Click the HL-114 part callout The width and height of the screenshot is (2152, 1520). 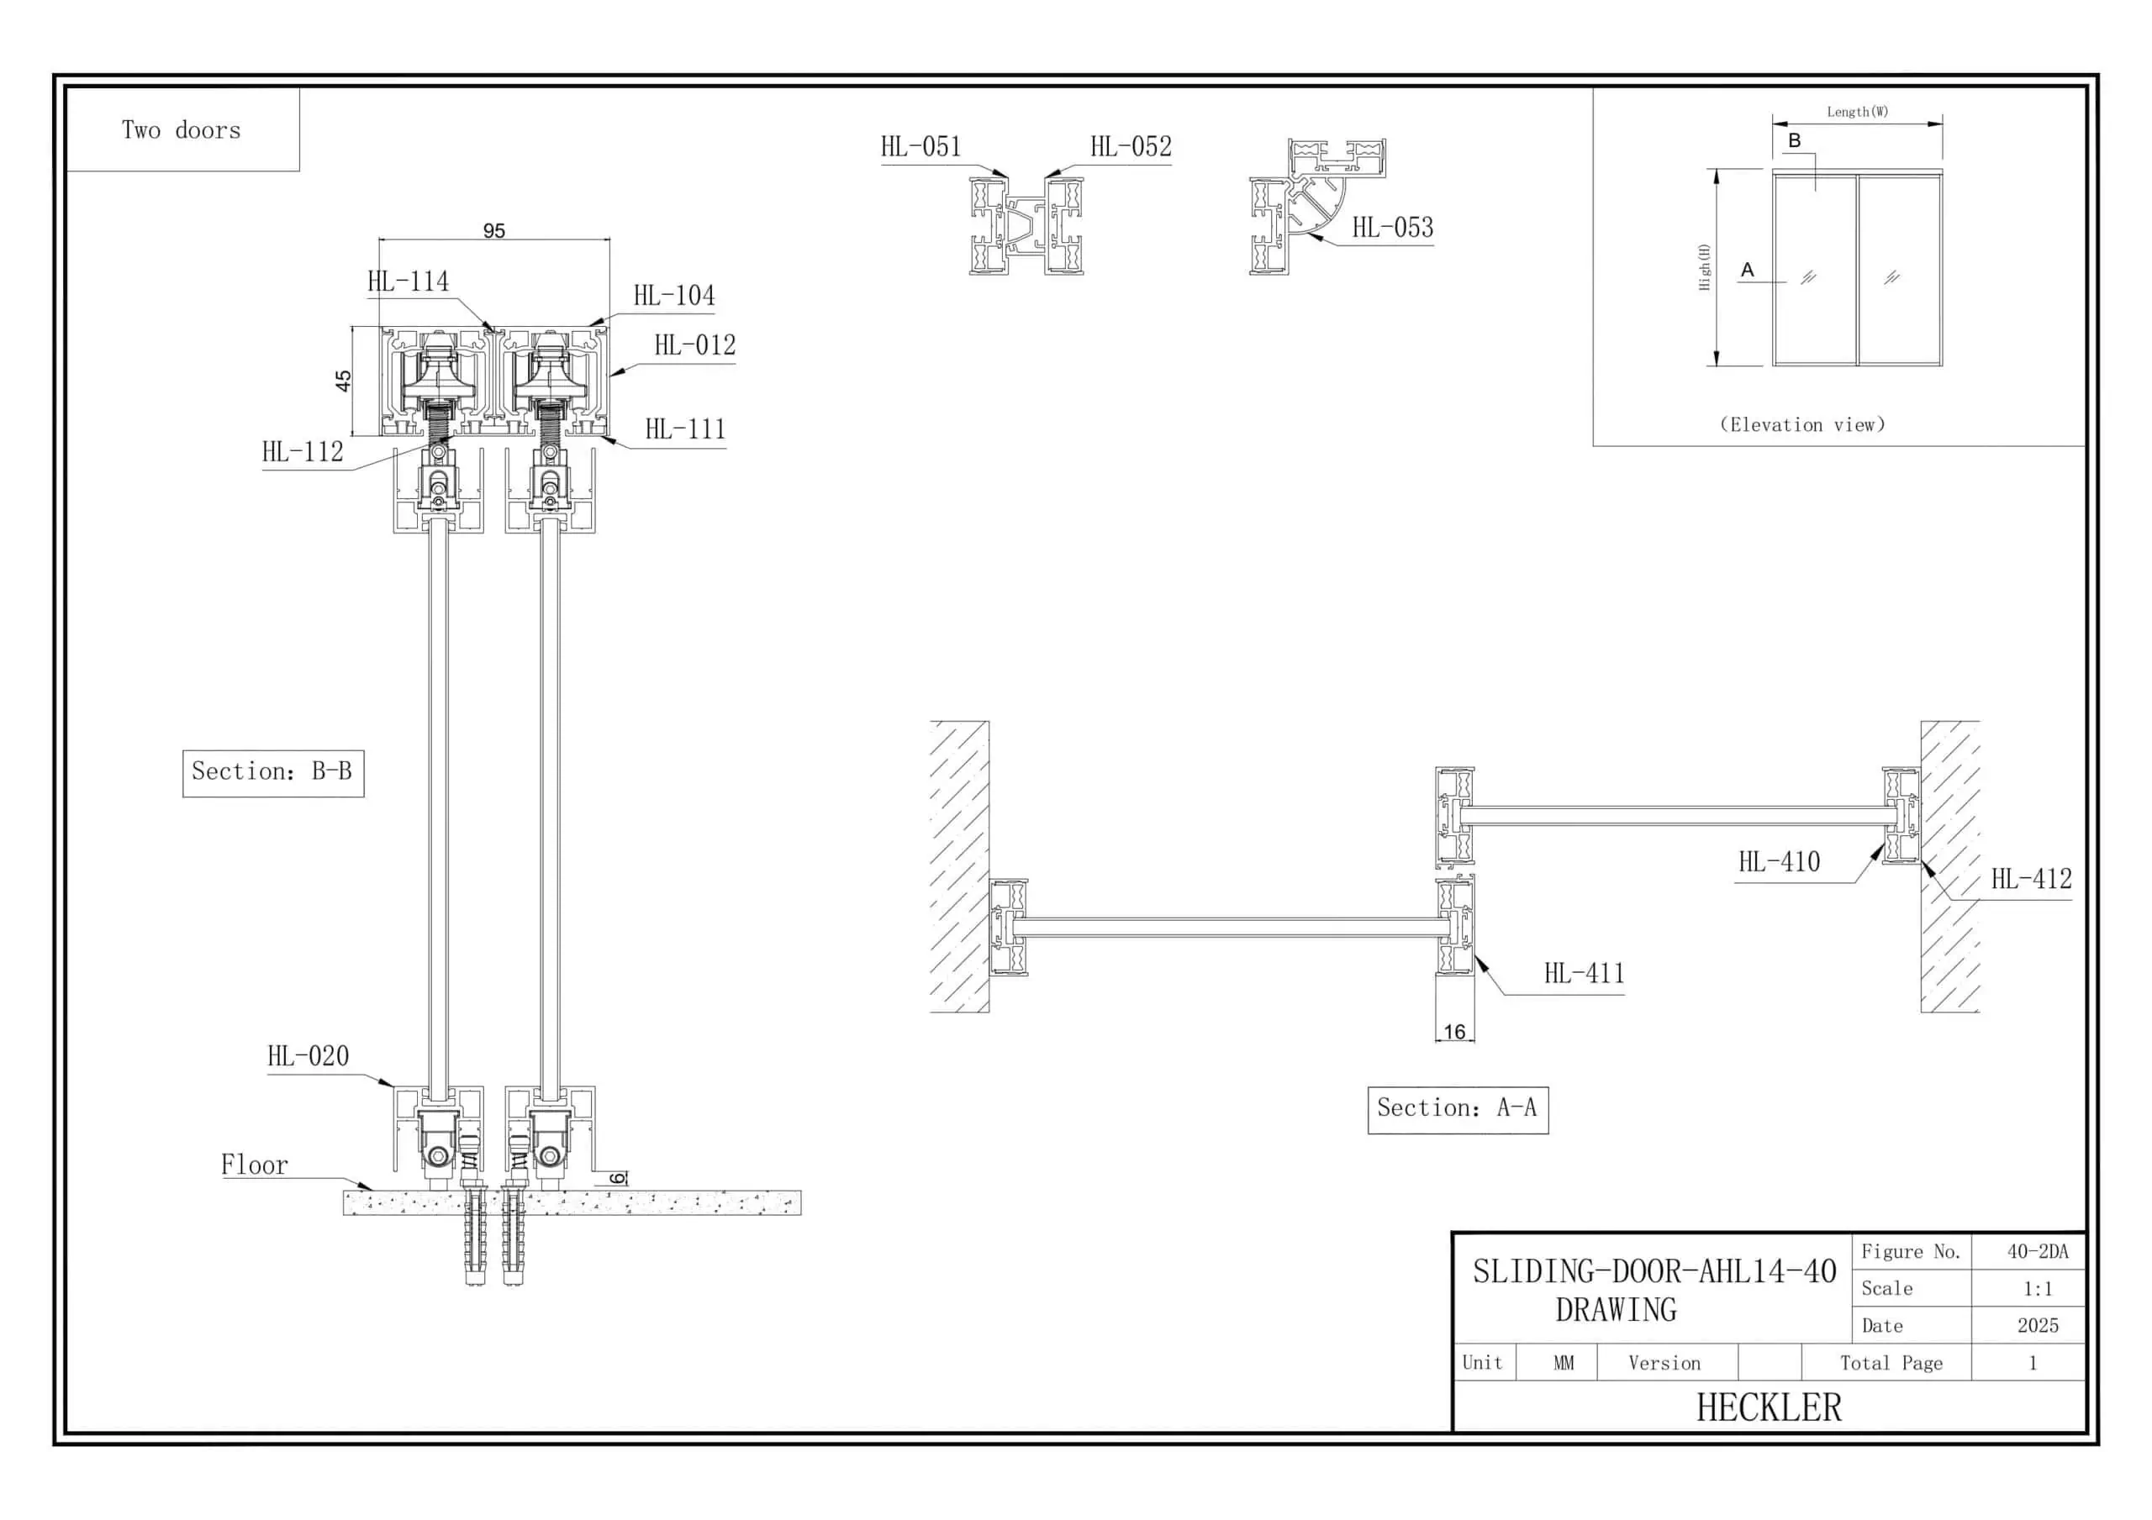click(408, 281)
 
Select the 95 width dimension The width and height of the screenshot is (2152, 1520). click(494, 230)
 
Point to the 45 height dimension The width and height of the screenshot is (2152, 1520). click(343, 381)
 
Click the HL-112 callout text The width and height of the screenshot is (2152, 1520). click(303, 452)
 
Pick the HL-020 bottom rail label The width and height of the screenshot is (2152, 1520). click(309, 1056)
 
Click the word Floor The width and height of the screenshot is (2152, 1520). click(254, 1165)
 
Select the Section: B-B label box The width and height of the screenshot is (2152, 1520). click(272, 772)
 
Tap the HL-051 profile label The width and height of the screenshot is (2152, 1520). click(920, 147)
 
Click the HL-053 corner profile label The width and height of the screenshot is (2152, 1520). click(1392, 228)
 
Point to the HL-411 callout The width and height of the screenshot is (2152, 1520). click(1584, 974)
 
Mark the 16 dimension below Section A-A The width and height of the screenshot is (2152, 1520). click(1453, 1032)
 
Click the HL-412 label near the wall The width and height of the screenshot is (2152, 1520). click(2031, 879)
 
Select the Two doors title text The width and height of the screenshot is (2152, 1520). click(181, 130)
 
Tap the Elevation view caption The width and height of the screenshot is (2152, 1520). click(1802, 424)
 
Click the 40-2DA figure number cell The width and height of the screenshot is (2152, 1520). click(2037, 1252)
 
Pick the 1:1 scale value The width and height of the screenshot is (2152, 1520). click(2037, 1289)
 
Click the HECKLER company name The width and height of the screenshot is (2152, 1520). click(1769, 1407)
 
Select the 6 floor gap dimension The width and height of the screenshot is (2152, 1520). click(617, 1178)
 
